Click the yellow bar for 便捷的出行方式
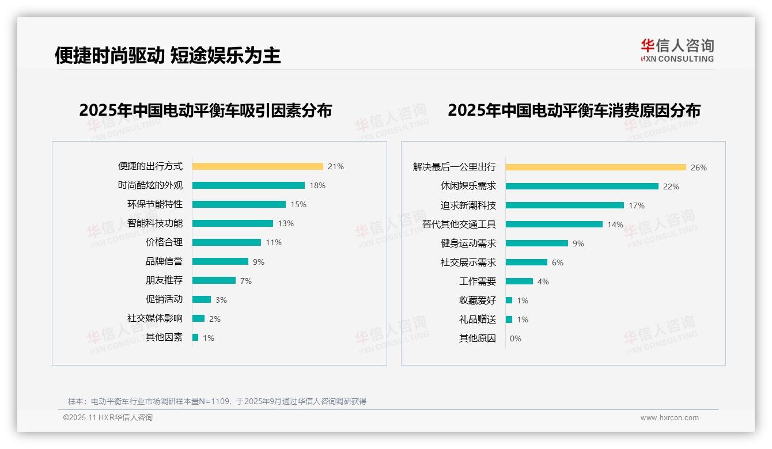(258, 166)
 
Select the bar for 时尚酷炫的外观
(248, 185)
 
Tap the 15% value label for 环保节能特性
(298, 204)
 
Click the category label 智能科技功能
(154, 223)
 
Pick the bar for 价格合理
(226, 242)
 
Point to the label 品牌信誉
(164, 261)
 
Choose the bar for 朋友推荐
(214, 280)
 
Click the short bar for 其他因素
(195, 337)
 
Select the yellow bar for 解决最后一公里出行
(596, 168)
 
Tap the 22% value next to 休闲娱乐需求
(671, 187)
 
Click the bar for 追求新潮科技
(565, 206)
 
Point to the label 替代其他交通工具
(459, 224)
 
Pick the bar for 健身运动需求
(537, 243)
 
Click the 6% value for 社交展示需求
(558, 262)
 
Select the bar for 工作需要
(519, 281)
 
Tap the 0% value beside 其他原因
(516, 338)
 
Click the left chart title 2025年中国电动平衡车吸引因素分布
(205, 110)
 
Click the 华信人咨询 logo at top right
(677, 50)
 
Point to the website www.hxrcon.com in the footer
(669, 418)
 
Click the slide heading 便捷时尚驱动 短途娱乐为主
(168, 55)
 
